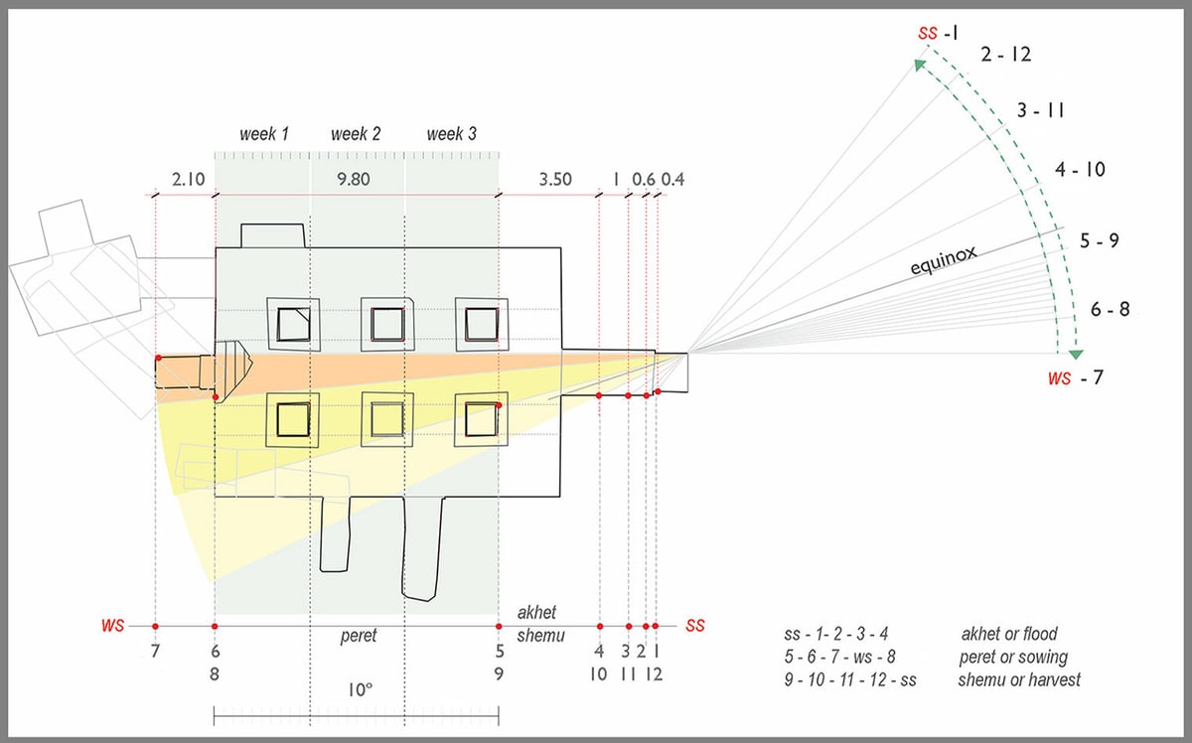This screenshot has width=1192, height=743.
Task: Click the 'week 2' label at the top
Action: [x=356, y=134]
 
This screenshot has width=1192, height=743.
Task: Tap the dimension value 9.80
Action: [x=354, y=180]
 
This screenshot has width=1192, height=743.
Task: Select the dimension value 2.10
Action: [x=189, y=180]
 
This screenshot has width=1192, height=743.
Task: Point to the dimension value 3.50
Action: [x=555, y=180]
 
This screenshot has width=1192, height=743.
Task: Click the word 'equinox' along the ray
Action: [x=943, y=259]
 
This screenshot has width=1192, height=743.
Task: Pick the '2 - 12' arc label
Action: [x=1005, y=55]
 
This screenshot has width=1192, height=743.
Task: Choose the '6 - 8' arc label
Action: [x=1111, y=309]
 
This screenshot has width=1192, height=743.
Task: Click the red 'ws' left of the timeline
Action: [x=112, y=625]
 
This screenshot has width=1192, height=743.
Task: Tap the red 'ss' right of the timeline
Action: [x=695, y=626]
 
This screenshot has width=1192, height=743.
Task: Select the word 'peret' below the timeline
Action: [x=359, y=636]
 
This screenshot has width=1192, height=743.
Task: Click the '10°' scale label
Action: [x=360, y=690]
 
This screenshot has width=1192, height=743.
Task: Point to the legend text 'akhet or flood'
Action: [x=1009, y=634]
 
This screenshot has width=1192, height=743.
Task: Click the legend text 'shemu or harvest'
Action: [x=1019, y=680]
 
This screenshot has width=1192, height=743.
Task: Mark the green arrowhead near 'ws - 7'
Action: [x=1076, y=354]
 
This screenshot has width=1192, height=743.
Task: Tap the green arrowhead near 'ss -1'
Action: [x=920, y=65]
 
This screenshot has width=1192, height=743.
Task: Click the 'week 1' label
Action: [x=264, y=134]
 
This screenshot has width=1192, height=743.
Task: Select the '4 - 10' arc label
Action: [x=1080, y=170]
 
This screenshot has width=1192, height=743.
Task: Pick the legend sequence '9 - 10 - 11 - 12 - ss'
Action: [x=850, y=680]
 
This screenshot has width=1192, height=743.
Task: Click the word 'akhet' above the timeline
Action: [x=536, y=613]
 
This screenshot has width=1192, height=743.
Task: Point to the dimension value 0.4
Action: [x=672, y=180]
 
